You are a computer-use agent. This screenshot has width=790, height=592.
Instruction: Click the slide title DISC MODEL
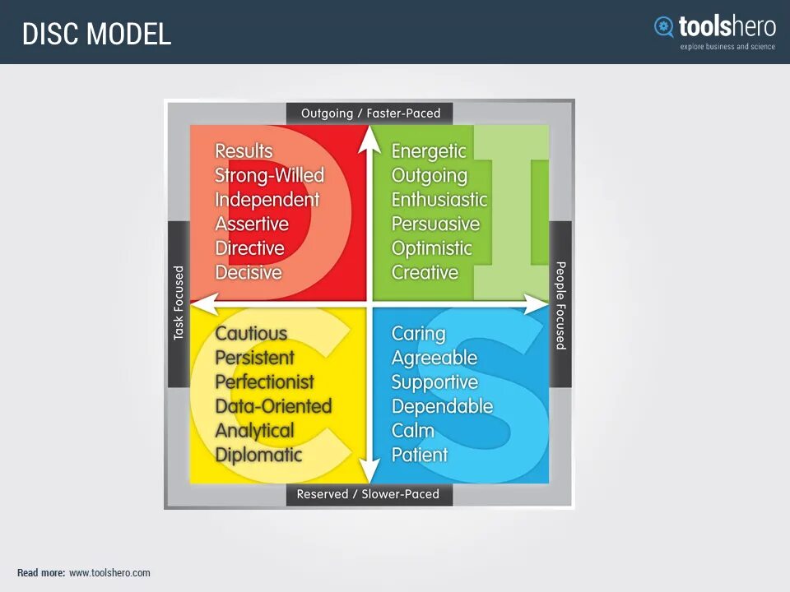tap(96, 34)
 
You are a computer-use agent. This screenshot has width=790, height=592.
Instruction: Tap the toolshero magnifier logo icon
tap(663, 27)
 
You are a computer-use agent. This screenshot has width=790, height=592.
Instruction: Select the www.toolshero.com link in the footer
tap(109, 573)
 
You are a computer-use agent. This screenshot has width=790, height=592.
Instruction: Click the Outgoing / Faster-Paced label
tap(370, 113)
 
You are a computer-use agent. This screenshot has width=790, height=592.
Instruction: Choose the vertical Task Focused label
tap(179, 303)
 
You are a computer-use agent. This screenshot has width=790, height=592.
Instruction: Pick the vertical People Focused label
tap(560, 305)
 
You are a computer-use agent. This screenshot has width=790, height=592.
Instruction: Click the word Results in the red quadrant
tap(244, 151)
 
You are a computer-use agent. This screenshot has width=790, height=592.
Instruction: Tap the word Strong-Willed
tap(269, 175)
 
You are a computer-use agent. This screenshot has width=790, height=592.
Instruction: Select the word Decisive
tap(249, 272)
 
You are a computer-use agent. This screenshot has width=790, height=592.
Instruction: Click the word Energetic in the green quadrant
tap(429, 151)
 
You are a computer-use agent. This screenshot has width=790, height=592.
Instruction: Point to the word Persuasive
tap(435, 224)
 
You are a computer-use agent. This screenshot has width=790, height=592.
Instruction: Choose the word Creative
tap(425, 272)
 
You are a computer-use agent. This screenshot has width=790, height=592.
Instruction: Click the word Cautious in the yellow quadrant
tap(251, 334)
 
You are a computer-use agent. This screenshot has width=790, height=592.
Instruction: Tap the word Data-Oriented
tap(273, 406)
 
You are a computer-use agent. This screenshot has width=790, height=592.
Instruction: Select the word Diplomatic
tap(258, 455)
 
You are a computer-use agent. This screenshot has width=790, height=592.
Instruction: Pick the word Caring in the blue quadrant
tap(418, 334)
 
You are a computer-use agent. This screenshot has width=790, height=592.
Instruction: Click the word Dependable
tap(442, 406)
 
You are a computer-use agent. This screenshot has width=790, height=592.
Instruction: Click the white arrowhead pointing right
tap(539, 303)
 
